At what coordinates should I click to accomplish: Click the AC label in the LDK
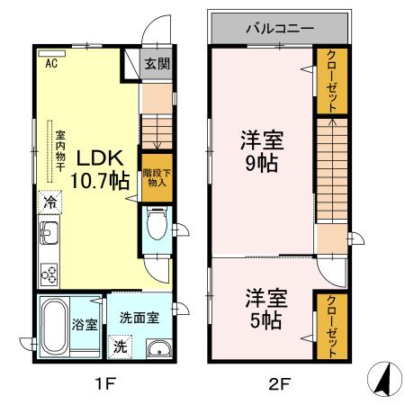(x=51, y=63)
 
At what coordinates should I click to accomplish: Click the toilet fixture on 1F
(x=157, y=222)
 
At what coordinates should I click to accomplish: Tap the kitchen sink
(x=49, y=236)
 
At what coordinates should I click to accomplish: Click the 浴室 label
(x=85, y=325)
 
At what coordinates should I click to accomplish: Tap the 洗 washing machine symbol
(x=120, y=345)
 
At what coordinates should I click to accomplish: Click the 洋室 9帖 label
(x=262, y=151)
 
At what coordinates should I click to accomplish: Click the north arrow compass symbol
(x=383, y=382)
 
